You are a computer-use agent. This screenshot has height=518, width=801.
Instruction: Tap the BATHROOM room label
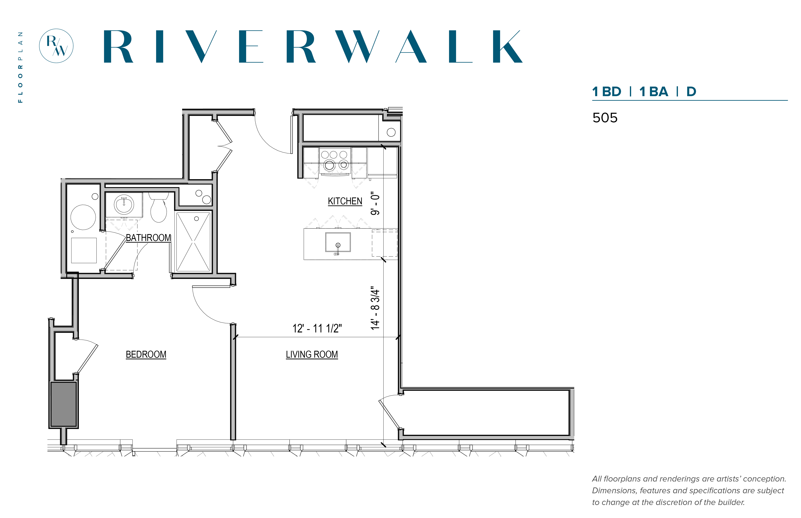click(148, 238)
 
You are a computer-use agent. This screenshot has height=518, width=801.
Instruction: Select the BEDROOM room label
click(146, 355)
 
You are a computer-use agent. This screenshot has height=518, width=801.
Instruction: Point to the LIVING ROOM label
click(312, 355)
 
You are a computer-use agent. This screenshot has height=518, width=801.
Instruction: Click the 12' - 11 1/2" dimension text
click(317, 328)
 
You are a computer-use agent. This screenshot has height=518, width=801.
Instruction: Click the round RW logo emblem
click(56, 46)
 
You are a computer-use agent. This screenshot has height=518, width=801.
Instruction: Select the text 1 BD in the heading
click(607, 91)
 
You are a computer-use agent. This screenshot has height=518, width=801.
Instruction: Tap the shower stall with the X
click(193, 242)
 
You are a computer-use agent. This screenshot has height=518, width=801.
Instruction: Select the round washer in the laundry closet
click(83, 217)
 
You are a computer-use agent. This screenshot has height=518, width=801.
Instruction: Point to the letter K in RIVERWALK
click(507, 46)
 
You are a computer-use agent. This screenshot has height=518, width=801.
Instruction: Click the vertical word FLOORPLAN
click(21, 67)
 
